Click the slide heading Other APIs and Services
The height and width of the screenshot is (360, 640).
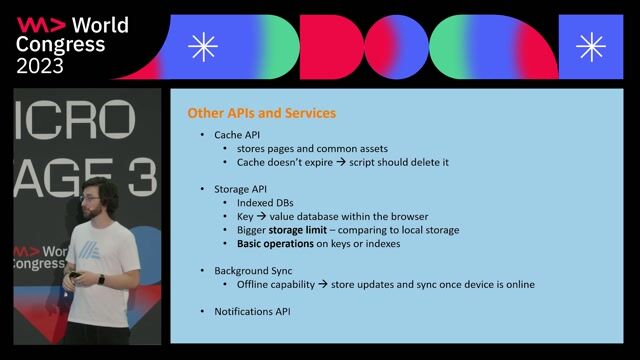[x=261, y=113]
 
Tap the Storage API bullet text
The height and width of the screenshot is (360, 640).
[x=241, y=189]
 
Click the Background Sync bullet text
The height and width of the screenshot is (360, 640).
[x=254, y=271]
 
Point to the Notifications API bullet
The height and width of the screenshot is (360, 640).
[x=252, y=311]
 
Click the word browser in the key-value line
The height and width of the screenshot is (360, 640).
[x=405, y=216]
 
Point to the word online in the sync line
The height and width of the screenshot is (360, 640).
[x=516, y=284]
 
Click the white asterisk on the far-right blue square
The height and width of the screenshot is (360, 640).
[x=591, y=46]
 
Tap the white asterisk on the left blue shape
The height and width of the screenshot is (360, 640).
[x=203, y=46]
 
